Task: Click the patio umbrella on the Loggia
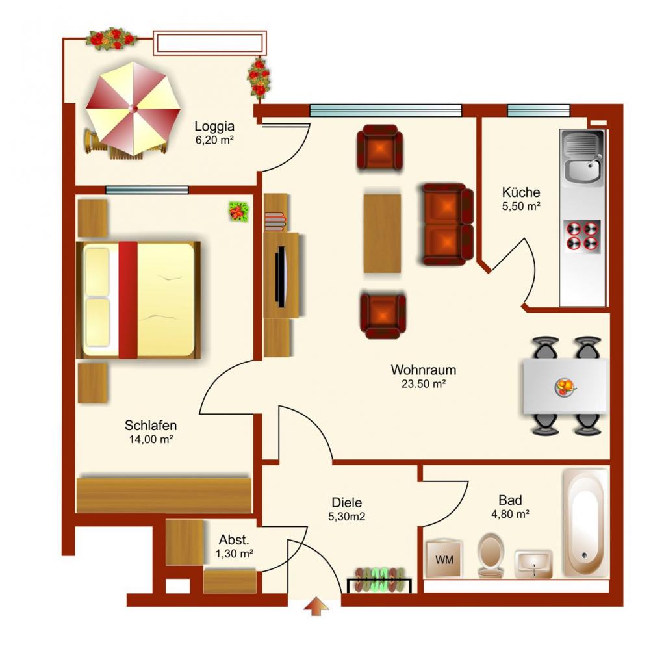[x=133, y=109]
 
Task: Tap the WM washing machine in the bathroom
[x=444, y=559]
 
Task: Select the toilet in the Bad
[x=491, y=555]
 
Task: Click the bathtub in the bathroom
[x=585, y=523]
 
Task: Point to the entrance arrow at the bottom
[x=316, y=606]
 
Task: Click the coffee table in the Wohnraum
[x=382, y=233]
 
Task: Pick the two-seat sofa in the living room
[x=447, y=224]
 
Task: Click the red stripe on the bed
[x=128, y=300]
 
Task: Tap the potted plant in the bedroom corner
[x=239, y=211]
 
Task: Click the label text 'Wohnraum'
[x=424, y=370]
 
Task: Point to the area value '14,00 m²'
[x=151, y=439]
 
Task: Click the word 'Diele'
[x=347, y=503]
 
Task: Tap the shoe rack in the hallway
[x=379, y=580]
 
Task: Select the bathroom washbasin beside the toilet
[x=533, y=564]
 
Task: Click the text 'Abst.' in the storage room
[x=234, y=540]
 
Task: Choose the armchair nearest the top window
[x=380, y=148]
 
